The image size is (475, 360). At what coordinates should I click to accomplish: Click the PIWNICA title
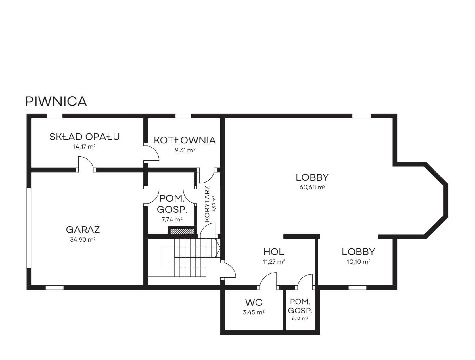[56, 101]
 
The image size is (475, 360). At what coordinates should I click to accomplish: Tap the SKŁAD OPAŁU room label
[85, 137]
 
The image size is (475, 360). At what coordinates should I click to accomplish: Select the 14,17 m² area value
[85, 147]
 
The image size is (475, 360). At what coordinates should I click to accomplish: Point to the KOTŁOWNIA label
[185, 140]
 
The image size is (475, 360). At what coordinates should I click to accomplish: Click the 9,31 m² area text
[185, 150]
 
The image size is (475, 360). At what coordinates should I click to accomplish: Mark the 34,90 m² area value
[83, 240]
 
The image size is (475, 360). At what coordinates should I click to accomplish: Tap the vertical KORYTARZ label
[207, 204]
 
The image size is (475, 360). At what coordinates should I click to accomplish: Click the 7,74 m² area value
[172, 219]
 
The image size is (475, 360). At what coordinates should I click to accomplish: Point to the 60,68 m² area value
[312, 187]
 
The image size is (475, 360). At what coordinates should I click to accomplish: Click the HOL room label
[274, 252]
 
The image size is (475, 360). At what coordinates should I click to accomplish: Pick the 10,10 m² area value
[359, 262]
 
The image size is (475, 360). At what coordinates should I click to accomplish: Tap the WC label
[254, 302]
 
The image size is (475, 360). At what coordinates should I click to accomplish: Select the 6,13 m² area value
[300, 318]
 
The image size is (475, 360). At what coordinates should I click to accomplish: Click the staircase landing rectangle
[168, 258]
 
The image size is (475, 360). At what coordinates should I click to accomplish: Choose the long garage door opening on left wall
[29, 228]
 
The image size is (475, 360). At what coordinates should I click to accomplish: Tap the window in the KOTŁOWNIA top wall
[183, 116]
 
